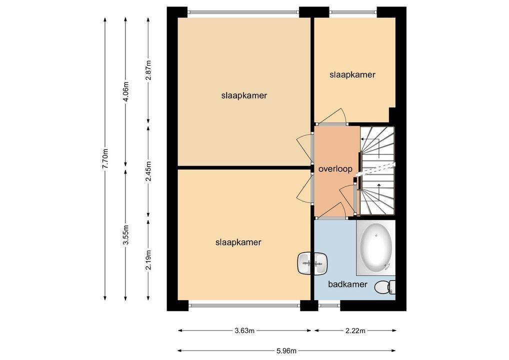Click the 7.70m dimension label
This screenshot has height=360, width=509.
point(105,158)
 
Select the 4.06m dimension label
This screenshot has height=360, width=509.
point(125,91)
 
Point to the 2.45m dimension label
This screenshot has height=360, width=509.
point(148,171)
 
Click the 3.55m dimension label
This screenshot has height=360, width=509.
point(125,234)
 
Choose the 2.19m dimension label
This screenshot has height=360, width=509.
point(148,259)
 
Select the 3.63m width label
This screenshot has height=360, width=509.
point(244,331)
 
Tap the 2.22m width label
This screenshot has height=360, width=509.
point(355,331)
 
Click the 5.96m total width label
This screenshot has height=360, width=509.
point(286,350)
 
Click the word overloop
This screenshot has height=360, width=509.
point(335,169)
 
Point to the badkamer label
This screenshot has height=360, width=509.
point(347,284)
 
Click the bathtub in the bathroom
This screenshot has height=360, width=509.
point(376,247)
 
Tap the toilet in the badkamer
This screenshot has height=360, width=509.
point(385,287)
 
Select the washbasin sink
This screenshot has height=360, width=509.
point(312,263)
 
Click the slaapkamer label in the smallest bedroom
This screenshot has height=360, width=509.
point(352,75)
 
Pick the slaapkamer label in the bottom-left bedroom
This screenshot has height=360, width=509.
point(238,242)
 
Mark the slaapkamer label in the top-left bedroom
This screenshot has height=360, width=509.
point(244,96)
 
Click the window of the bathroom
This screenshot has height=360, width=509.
point(329,305)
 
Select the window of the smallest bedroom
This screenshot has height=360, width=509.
point(353,12)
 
